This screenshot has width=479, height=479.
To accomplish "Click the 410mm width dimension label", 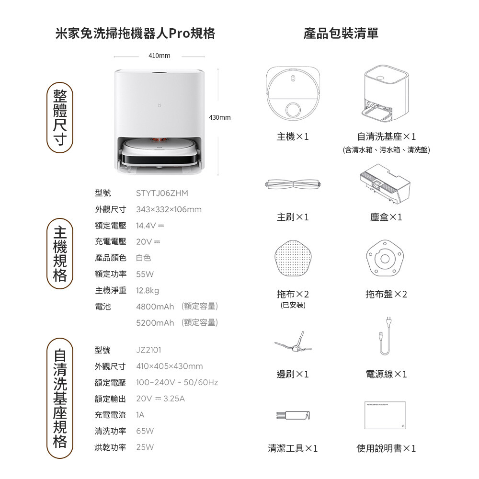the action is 159,56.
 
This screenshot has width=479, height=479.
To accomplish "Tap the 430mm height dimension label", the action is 220,118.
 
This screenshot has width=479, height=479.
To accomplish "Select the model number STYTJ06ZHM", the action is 162,194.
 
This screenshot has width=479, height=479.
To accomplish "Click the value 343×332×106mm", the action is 169,210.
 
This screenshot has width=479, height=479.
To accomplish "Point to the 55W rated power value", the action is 145,274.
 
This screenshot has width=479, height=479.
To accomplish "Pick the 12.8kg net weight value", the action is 148,291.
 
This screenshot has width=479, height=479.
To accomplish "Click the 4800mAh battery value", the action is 155,307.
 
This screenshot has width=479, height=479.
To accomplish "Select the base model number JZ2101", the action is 148,350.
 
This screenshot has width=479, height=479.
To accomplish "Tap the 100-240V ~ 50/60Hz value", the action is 177,382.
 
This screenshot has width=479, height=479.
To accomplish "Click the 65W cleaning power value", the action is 145,431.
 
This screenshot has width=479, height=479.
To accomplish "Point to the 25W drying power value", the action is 145,447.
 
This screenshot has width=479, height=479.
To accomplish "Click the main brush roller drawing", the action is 294,184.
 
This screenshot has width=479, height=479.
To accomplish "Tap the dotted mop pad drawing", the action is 293,258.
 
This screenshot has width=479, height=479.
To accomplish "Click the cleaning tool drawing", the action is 293,415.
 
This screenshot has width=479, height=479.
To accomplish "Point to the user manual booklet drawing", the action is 385,415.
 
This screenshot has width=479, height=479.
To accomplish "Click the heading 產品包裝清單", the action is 341,34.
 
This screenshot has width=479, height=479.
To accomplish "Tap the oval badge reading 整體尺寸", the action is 60,118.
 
